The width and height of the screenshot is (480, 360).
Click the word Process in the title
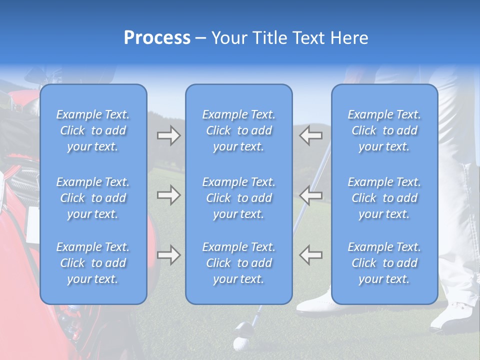(x=157, y=38)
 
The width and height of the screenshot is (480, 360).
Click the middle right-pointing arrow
(x=168, y=195)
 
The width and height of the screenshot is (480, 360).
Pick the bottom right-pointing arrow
(x=168, y=255)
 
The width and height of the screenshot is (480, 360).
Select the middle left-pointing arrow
(x=310, y=195)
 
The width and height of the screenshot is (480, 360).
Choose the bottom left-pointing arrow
(x=310, y=255)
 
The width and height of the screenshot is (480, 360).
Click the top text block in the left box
(x=93, y=130)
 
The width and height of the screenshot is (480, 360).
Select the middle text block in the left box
(x=93, y=198)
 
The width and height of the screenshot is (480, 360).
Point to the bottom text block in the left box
(x=93, y=263)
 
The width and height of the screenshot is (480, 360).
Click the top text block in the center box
(x=239, y=130)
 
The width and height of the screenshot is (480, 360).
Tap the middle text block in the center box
(x=239, y=198)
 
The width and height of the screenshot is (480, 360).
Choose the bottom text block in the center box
(x=239, y=263)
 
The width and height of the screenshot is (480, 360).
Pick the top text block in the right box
(x=384, y=130)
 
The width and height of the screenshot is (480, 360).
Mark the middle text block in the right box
(x=384, y=198)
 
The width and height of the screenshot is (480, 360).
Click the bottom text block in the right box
(x=384, y=263)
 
